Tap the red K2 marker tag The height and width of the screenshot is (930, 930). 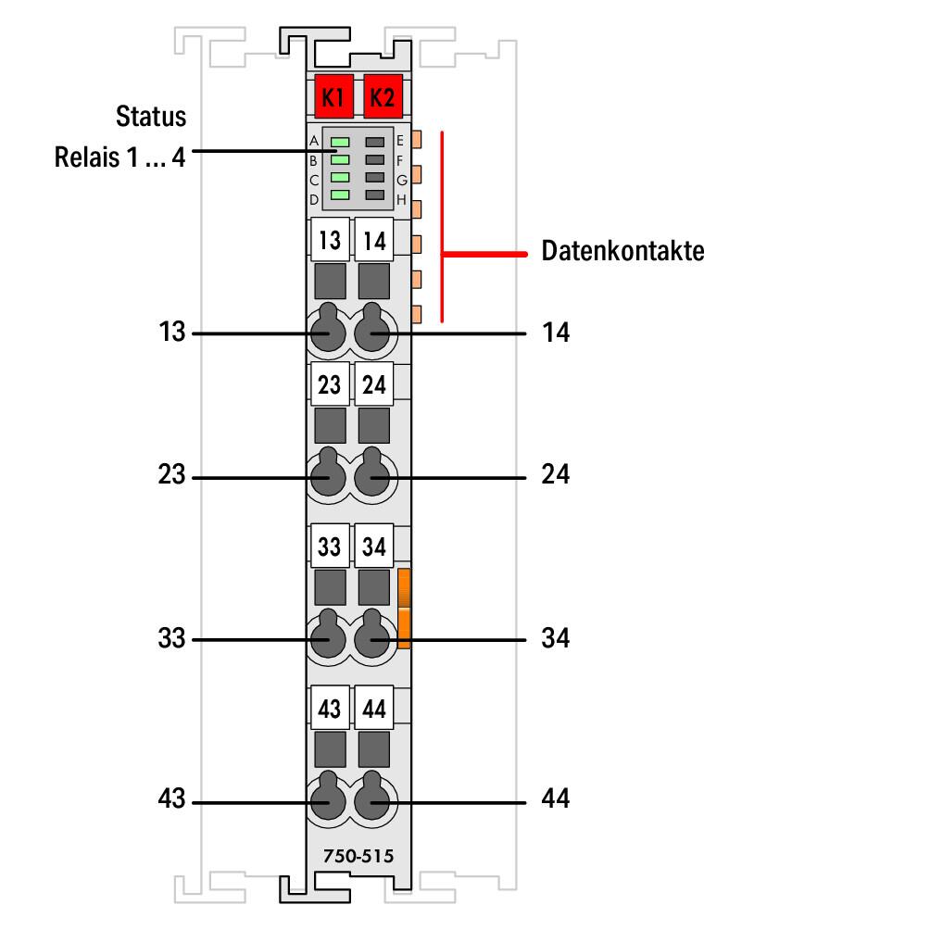pyautogui.click(x=380, y=95)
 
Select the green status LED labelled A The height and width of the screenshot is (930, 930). pyautogui.click(x=340, y=142)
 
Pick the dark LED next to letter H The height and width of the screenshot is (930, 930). pyautogui.click(x=374, y=195)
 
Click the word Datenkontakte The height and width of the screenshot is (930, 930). pyautogui.click(x=622, y=251)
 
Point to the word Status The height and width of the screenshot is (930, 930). pyautogui.click(x=150, y=118)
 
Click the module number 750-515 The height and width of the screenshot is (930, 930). pyautogui.click(x=358, y=857)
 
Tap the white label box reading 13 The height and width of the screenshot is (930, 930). pyautogui.click(x=329, y=242)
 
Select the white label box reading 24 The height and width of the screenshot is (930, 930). pyautogui.click(x=374, y=384)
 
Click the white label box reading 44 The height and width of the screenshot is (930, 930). pyautogui.click(x=374, y=710)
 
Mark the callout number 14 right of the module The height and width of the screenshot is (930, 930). pyautogui.click(x=556, y=333)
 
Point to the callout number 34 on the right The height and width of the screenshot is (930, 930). pyautogui.click(x=556, y=639)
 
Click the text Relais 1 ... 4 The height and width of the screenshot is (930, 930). pyautogui.click(x=119, y=157)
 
